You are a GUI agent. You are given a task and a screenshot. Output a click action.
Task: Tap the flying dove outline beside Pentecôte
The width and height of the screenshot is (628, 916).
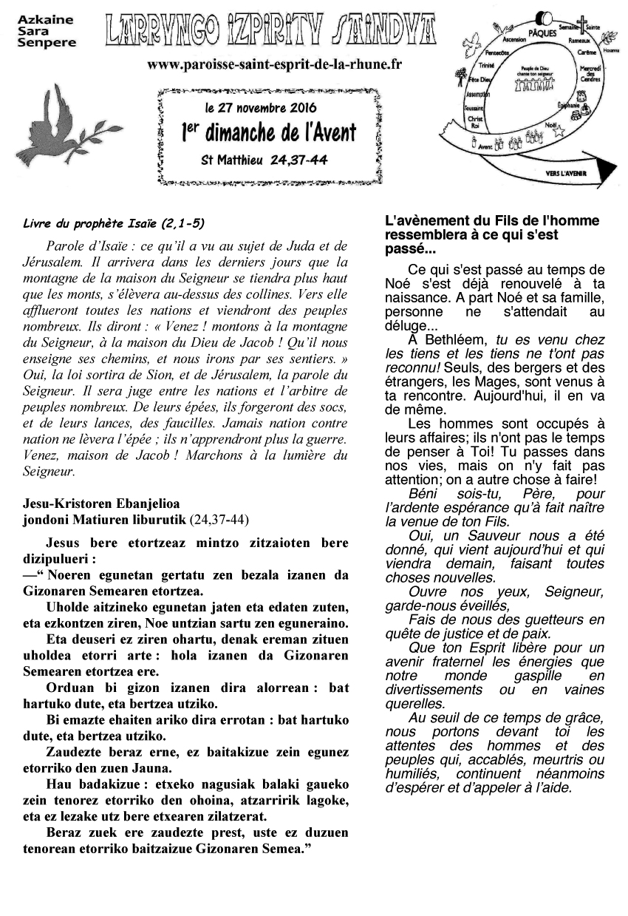468,47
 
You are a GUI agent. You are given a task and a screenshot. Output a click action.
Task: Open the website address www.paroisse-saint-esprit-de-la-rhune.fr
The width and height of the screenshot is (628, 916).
274,64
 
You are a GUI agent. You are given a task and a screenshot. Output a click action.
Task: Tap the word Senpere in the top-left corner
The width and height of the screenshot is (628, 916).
47,43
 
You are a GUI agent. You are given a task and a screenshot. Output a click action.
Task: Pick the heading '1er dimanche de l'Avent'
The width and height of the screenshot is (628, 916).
268,133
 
